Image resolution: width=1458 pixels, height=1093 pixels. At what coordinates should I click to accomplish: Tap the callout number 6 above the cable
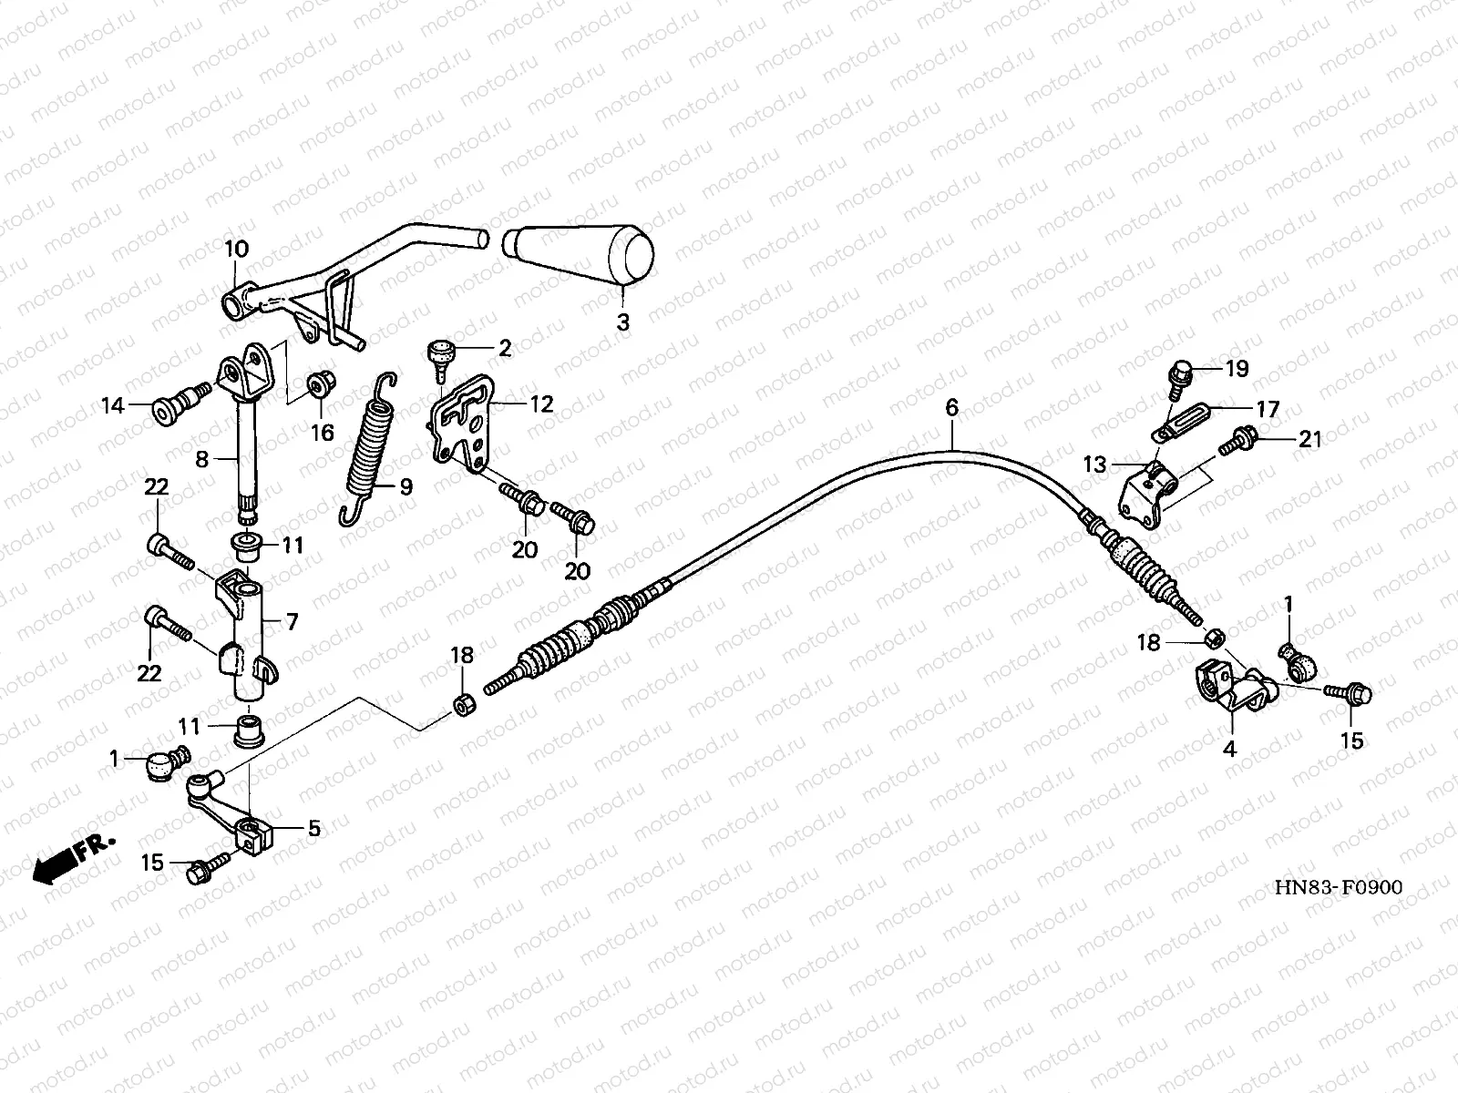[951, 408]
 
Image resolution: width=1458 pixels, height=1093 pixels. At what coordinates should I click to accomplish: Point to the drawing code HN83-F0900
[1338, 888]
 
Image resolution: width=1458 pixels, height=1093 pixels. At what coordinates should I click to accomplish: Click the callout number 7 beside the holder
[292, 623]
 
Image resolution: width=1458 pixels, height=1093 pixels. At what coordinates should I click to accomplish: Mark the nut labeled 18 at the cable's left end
[463, 705]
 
